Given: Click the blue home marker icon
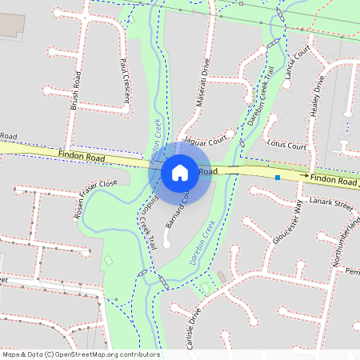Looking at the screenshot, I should coord(180,172).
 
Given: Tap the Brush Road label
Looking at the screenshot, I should coord(76,90).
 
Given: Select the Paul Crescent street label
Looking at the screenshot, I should coord(124,82).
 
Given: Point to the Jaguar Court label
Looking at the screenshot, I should coord(206,138).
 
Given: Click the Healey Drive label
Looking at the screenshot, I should coord(318,95).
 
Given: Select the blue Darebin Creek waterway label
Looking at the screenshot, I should coord(203,243).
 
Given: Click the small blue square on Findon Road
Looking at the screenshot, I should coord(277,177).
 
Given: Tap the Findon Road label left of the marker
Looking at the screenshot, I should coord(82,157).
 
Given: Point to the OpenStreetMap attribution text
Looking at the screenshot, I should coord(80,354).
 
